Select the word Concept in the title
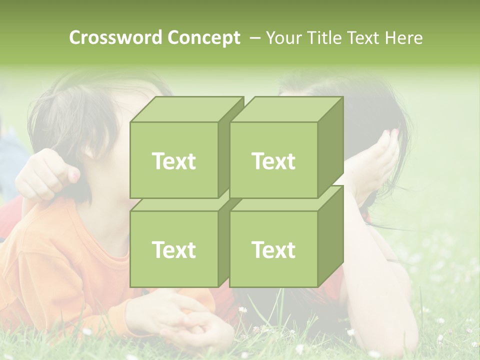[203, 37]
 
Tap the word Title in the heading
[324, 37]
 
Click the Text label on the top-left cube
[173, 161]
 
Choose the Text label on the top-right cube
[273, 161]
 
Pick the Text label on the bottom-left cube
[173, 249]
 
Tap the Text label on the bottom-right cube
[273, 249]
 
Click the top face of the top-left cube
[185, 109]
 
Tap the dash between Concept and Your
[254, 37]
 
